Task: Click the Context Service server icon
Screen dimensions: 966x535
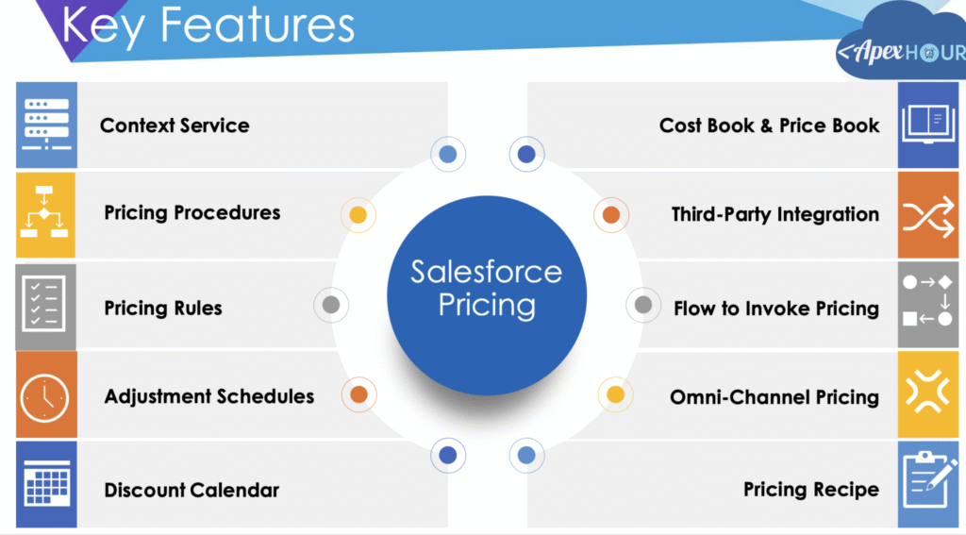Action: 46,125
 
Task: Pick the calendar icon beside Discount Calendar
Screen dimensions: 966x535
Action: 46,484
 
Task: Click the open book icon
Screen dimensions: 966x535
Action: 928,125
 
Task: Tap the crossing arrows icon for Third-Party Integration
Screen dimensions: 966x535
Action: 928,215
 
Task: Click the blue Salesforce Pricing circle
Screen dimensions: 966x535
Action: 487,295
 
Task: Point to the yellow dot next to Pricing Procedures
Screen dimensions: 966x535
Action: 358,214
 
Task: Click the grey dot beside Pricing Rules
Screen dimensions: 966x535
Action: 331,305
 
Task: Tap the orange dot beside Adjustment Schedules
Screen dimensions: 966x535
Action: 358,394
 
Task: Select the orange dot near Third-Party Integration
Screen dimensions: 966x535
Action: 611,214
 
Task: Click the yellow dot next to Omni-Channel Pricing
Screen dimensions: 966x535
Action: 615,394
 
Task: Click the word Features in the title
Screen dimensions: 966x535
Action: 257,25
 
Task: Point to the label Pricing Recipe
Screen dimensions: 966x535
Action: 810,490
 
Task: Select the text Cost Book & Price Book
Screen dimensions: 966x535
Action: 769,125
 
